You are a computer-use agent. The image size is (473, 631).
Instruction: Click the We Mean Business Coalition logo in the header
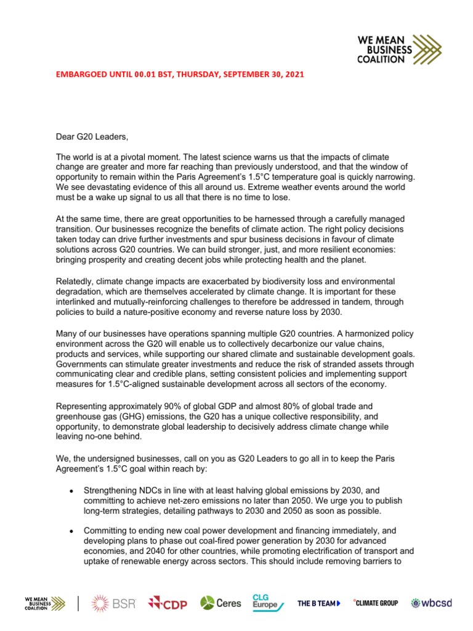[400, 49]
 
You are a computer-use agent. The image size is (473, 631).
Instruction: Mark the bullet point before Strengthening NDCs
[72, 491]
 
